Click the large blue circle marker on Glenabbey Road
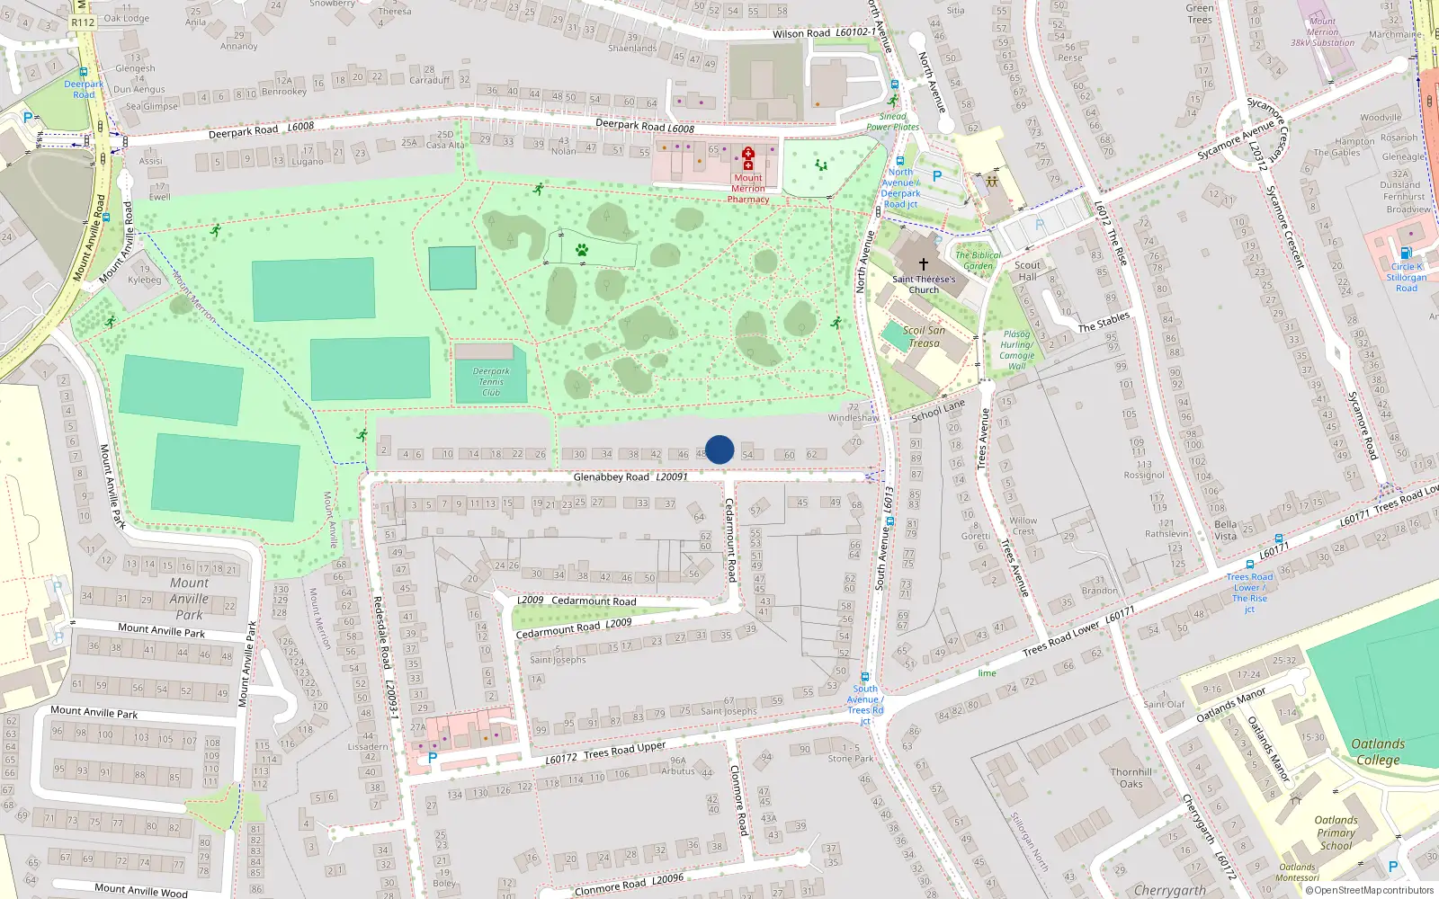tap(719, 449)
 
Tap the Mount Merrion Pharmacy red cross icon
tap(747, 155)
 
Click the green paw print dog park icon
tap(582, 250)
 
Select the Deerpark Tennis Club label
tap(491, 382)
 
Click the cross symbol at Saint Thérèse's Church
tap(923, 265)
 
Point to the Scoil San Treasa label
tap(924, 336)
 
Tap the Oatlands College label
tap(1378, 752)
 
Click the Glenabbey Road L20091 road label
tap(630, 476)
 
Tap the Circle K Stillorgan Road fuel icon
tap(1406, 254)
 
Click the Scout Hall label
tap(1027, 271)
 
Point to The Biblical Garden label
tap(978, 261)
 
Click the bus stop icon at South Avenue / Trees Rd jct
tap(865, 678)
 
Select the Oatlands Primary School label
tap(1336, 832)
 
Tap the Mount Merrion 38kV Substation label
tap(1322, 31)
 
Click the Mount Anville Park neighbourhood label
tap(189, 599)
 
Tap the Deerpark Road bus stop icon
tap(84, 73)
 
